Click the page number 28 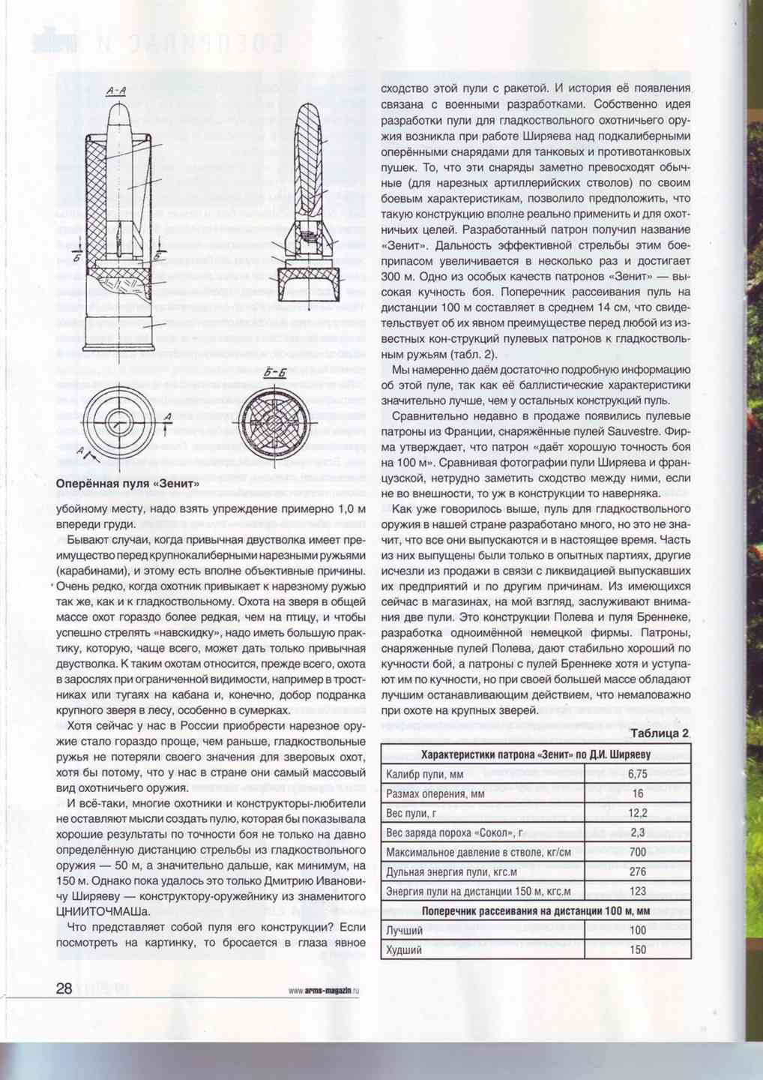[x=64, y=988]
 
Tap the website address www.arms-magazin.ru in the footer [x=324, y=990]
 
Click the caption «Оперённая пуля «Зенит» [x=128, y=484]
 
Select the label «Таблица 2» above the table [x=660, y=733]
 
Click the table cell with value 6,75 [x=638, y=774]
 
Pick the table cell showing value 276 [x=638, y=871]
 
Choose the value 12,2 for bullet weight [x=638, y=813]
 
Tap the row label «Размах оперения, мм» [x=435, y=793]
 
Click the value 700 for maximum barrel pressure [x=638, y=852]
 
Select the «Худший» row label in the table [x=404, y=950]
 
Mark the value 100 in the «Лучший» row [x=638, y=931]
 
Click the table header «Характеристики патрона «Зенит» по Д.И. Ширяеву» [x=535, y=754]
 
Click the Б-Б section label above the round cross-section [x=275, y=373]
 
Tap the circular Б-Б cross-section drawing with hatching [x=275, y=416]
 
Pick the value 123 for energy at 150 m [x=638, y=891]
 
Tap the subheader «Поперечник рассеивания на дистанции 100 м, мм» [x=535, y=911]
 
